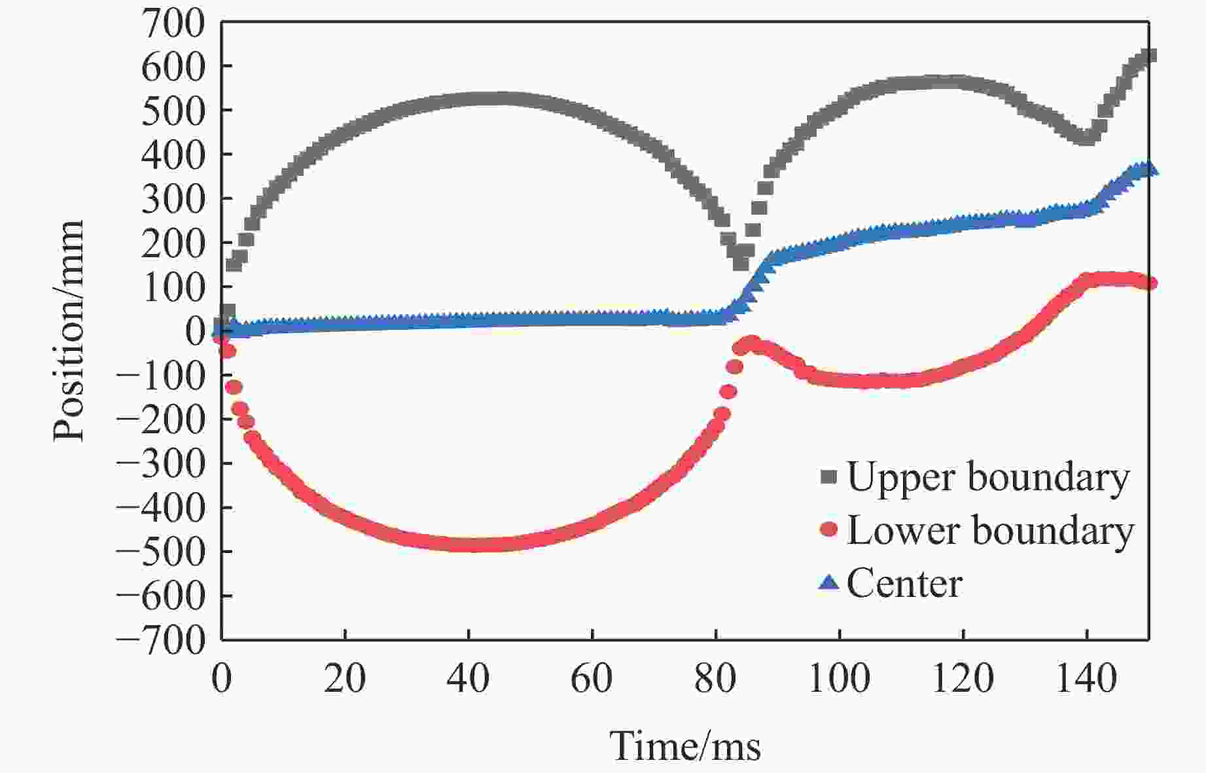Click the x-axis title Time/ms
pos(685,746)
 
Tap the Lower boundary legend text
pos(990,530)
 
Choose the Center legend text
pos(904,583)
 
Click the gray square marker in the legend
pos(828,476)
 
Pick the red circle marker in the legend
pos(828,529)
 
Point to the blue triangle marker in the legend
pos(828,582)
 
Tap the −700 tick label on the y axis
pos(160,641)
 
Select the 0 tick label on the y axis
pos(196,331)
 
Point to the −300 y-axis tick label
pos(160,464)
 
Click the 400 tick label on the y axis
pos(173,156)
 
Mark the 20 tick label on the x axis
pos(345,679)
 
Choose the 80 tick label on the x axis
pos(715,679)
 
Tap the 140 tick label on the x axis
pos(1086,679)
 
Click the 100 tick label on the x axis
pos(839,679)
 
